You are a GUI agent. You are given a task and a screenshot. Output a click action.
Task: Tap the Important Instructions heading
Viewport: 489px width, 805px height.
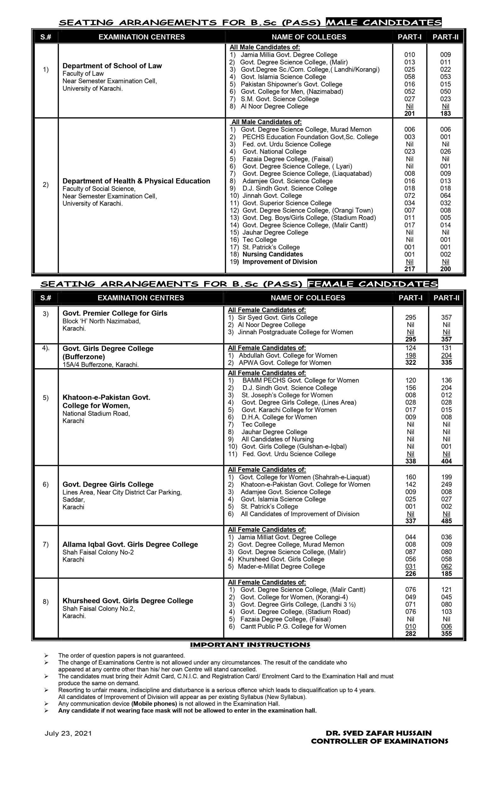[250, 645]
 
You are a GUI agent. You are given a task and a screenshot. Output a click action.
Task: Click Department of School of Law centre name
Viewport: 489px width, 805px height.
[112, 66]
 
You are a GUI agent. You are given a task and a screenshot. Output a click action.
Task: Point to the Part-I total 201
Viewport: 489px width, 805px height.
[409, 114]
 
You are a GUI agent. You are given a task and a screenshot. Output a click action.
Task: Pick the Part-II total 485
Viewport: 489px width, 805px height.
[446, 521]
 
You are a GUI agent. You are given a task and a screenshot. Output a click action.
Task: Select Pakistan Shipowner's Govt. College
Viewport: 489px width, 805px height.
[291, 84]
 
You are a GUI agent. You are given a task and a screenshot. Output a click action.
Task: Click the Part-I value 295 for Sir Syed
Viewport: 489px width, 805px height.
[411, 317]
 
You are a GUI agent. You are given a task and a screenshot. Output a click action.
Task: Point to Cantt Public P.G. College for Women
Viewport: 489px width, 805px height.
[293, 626]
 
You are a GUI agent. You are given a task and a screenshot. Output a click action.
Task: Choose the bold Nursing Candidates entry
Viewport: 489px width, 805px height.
[272, 254]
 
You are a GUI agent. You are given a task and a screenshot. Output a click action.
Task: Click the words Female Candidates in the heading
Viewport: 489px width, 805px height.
[372, 284]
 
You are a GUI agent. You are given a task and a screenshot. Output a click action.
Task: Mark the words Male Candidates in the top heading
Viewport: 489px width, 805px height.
[384, 22]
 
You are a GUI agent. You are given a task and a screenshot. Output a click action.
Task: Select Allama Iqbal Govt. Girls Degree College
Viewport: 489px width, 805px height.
[130, 544]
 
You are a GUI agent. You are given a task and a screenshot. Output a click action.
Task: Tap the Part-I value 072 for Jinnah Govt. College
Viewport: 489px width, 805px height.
[409, 196]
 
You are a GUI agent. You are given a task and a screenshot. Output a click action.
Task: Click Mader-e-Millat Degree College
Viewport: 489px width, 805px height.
[281, 567]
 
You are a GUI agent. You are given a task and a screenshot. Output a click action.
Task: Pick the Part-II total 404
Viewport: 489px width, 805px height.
[446, 461]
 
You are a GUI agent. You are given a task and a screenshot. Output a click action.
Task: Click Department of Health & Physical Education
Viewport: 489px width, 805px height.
[136, 181]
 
